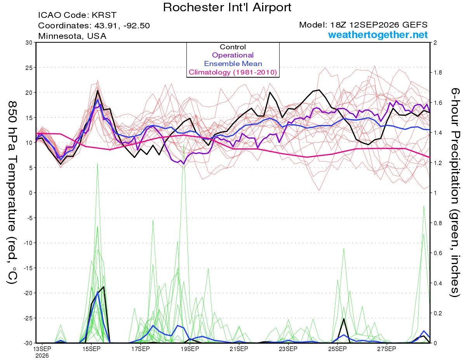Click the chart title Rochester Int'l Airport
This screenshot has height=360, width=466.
pos(227,7)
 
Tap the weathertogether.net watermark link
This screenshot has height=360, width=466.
pos(378,35)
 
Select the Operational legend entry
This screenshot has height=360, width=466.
pos(233,55)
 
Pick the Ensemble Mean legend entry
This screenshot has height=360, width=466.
pos(233,64)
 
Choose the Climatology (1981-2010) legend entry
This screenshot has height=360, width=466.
pos(233,72)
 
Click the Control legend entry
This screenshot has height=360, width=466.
pos(233,47)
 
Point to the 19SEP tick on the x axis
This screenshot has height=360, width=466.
pos(190,349)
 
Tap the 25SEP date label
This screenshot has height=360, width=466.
pos(337,349)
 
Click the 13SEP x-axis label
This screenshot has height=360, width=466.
pos(42,349)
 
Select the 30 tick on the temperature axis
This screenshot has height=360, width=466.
pos(29,43)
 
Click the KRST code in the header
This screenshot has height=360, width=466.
pos(104,15)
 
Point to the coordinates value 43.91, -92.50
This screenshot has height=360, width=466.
pos(122,26)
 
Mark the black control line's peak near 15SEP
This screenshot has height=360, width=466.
pos(97,90)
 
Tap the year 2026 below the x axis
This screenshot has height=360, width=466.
pos(42,356)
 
